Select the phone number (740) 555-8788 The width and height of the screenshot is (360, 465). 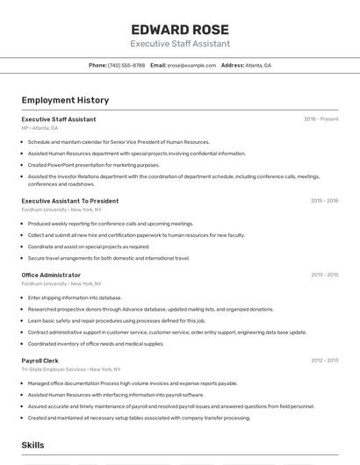(126, 66)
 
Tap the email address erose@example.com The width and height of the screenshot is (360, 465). (191, 66)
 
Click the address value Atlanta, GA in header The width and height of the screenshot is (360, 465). (258, 66)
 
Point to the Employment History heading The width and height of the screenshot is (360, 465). (65, 100)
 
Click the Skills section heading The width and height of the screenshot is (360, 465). (33, 446)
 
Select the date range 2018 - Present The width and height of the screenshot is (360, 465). (320, 119)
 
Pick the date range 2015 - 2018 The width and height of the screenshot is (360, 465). (324, 201)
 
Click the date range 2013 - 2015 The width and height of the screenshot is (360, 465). (324, 275)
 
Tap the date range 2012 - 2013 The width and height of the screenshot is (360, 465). (324, 361)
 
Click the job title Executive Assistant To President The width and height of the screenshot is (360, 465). (70, 201)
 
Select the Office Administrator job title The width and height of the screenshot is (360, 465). (51, 275)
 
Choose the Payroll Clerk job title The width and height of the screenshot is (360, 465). (40, 361)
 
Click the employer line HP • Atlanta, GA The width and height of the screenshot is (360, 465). (40, 128)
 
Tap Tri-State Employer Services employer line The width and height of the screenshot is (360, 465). (71, 369)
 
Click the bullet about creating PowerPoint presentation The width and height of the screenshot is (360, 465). (93, 165)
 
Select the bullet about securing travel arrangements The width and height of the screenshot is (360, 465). (108, 258)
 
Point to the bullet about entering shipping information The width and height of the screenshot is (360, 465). (75, 297)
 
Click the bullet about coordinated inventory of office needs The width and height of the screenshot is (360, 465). (96, 344)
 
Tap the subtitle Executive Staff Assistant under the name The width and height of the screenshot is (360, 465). (180, 43)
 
